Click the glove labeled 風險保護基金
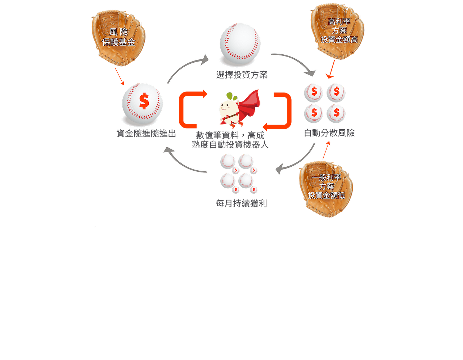pyautogui.click(x=118, y=38)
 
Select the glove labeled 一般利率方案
pyautogui.click(x=326, y=189)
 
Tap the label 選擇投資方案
pyautogui.click(x=242, y=75)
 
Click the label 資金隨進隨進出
pyautogui.click(x=146, y=134)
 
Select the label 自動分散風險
pyautogui.click(x=329, y=133)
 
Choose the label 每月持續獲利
pyautogui.click(x=241, y=204)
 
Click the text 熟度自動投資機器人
pyautogui.click(x=230, y=145)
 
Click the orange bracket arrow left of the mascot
pyautogui.click(x=187, y=110)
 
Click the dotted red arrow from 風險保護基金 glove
pyautogui.click(x=120, y=76)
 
